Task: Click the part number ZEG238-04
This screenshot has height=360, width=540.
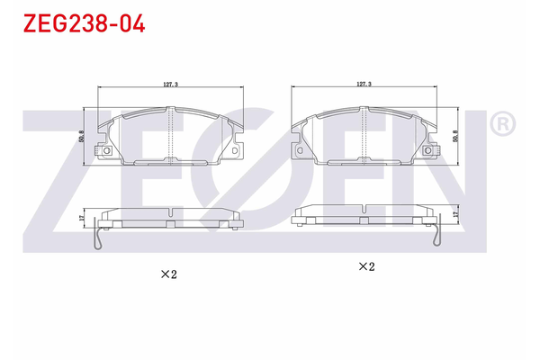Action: [x=84, y=23]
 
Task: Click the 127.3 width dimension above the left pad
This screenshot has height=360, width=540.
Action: [x=170, y=84]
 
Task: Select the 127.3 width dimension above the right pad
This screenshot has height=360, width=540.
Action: [x=364, y=84]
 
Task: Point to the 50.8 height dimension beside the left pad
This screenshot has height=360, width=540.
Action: [x=81, y=136]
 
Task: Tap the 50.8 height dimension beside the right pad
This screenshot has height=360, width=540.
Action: [x=455, y=136]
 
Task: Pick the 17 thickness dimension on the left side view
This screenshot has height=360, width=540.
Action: [x=81, y=218]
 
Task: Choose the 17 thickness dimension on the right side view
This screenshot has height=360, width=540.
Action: [x=455, y=214]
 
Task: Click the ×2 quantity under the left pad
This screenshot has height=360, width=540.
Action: [x=169, y=274]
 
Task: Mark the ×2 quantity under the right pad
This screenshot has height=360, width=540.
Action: [x=366, y=266]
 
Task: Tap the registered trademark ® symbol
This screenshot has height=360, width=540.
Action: [x=502, y=123]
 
